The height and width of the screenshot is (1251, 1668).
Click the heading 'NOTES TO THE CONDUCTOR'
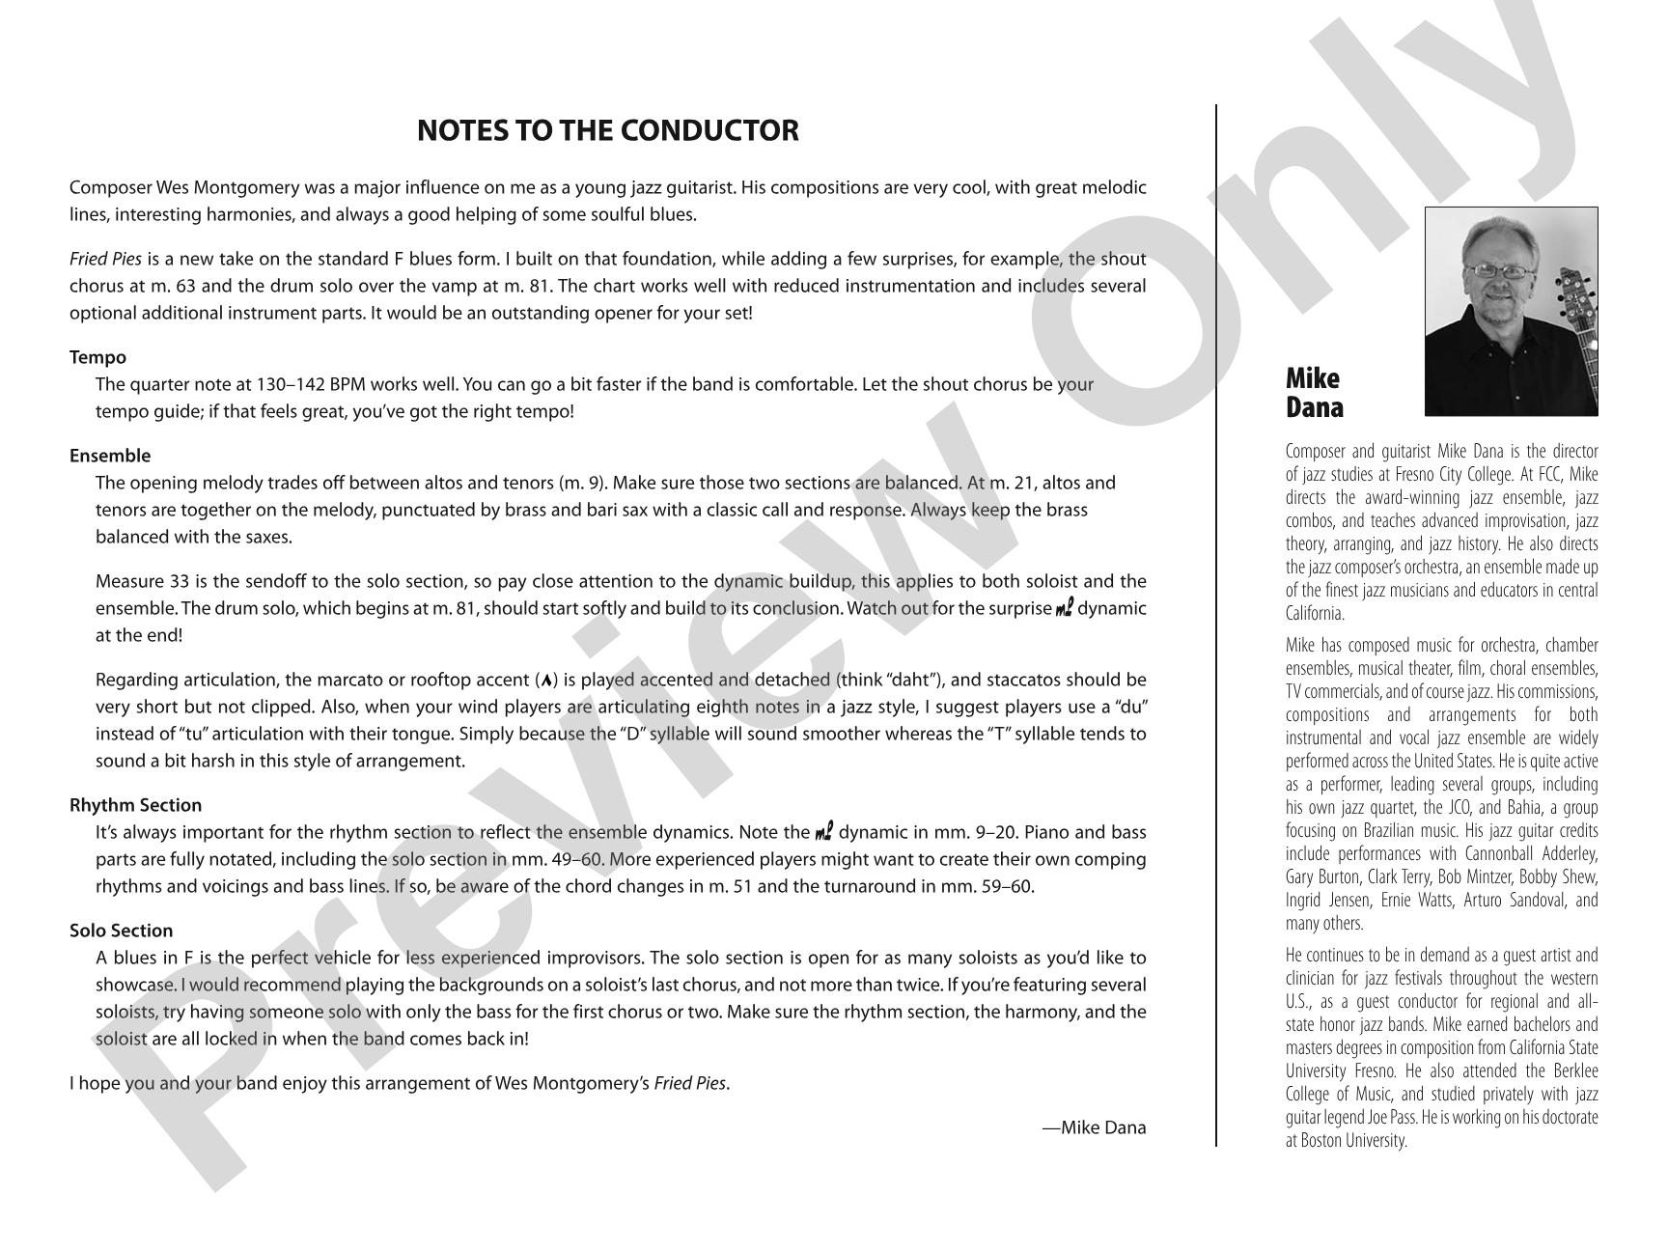click(607, 130)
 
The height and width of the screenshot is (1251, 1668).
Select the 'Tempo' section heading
click(97, 357)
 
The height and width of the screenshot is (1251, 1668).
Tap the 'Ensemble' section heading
click(110, 456)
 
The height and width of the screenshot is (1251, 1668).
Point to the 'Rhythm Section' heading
click(135, 805)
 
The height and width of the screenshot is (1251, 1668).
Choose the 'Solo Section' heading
click(121, 931)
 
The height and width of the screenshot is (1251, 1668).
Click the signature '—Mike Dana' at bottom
click(1094, 1127)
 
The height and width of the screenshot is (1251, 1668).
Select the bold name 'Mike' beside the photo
click(1312, 378)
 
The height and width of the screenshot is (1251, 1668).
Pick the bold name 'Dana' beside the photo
click(1314, 407)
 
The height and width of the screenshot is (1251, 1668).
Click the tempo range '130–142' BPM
click(289, 384)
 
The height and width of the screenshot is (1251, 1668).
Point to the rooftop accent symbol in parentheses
click(547, 681)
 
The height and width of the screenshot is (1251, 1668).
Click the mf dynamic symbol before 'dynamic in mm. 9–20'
click(824, 832)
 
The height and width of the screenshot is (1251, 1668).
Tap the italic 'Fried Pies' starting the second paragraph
click(105, 259)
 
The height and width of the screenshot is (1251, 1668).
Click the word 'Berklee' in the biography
click(1573, 1070)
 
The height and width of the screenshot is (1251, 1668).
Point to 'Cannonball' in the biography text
click(1506, 854)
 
